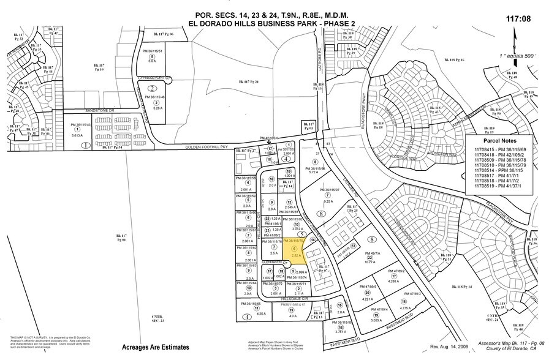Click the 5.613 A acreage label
(x=77, y=135)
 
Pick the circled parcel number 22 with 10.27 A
(x=369, y=257)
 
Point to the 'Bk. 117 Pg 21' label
(x=249, y=81)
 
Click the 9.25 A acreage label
(x=327, y=201)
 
